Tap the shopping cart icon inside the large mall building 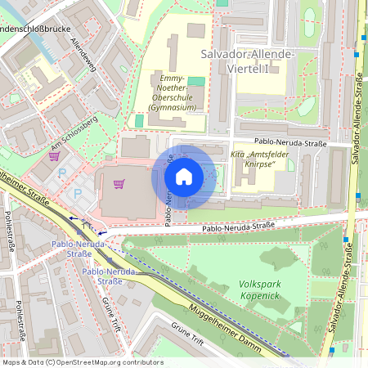[119, 184]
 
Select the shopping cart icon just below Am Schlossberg [54, 155]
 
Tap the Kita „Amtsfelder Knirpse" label [263, 160]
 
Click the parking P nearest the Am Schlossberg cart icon [63, 173]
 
